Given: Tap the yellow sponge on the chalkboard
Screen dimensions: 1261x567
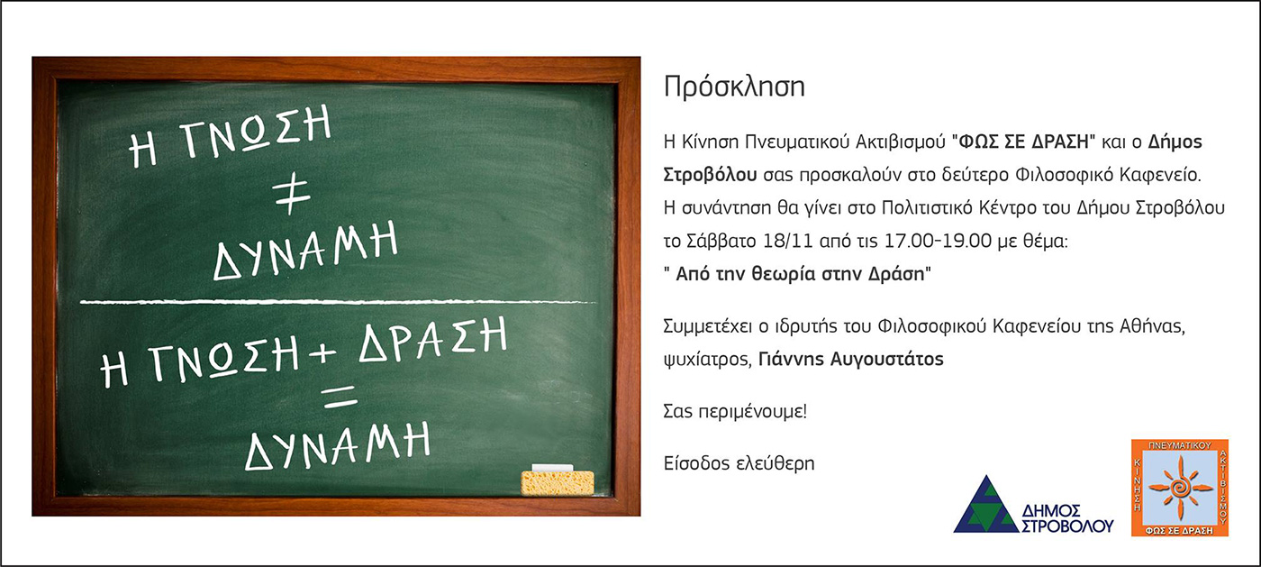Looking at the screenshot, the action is click(x=558, y=483).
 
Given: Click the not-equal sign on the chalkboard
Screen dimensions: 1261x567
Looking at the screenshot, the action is click(x=292, y=195).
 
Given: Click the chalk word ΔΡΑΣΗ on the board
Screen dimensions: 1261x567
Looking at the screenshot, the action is click(x=433, y=341).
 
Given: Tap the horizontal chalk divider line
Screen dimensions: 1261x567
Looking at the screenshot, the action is click(x=338, y=302).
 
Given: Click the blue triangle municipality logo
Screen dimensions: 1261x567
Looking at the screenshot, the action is click(x=986, y=505).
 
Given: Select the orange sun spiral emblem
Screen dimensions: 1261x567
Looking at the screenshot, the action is click(x=1181, y=488).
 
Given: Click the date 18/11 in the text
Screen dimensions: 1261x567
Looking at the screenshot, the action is click(x=788, y=242).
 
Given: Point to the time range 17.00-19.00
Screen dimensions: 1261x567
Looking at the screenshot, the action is click(x=937, y=242).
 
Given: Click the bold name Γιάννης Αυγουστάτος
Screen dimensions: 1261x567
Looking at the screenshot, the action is click(x=850, y=359).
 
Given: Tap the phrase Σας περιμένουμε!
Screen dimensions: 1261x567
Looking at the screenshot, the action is click(x=735, y=411).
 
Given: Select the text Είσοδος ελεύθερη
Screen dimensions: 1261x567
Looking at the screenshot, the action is click(x=739, y=463).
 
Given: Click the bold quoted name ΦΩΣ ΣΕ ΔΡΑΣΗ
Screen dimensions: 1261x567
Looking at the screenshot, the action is click(x=1023, y=142).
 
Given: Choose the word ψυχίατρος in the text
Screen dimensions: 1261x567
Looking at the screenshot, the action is click(x=707, y=360).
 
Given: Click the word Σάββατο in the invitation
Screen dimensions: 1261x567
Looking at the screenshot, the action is click(x=721, y=242).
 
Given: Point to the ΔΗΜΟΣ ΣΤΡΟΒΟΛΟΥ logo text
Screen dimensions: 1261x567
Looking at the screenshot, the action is click(x=1066, y=519).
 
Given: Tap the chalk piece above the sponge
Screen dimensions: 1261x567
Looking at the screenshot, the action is click(x=552, y=468).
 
